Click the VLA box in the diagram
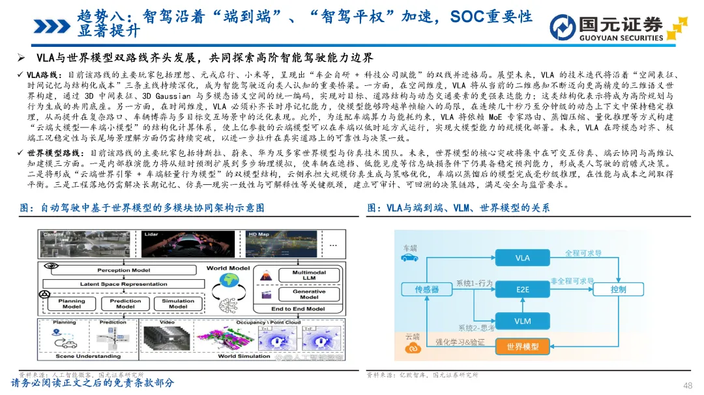click(522, 258)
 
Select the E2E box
click(522, 289)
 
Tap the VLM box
click(522, 321)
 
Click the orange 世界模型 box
click(522, 347)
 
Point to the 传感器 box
click(427, 289)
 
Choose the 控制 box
click(618, 289)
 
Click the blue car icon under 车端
click(409, 258)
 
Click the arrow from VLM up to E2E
click(522, 305)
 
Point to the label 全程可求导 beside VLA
click(583, 252)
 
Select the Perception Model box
click(123, 270)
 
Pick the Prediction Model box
click(125, 304)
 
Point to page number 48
click(687, 385)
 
